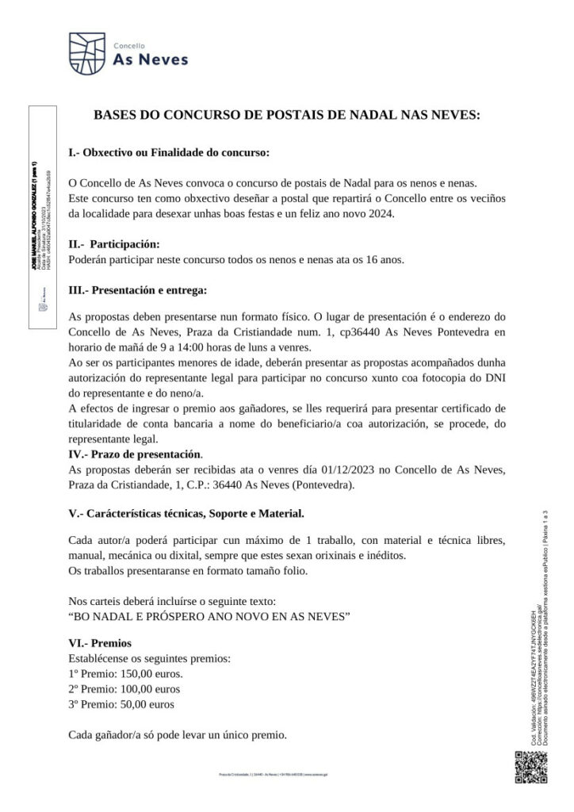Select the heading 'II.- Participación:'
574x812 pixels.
[114, 243]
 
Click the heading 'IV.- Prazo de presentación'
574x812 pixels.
[135, 455]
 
